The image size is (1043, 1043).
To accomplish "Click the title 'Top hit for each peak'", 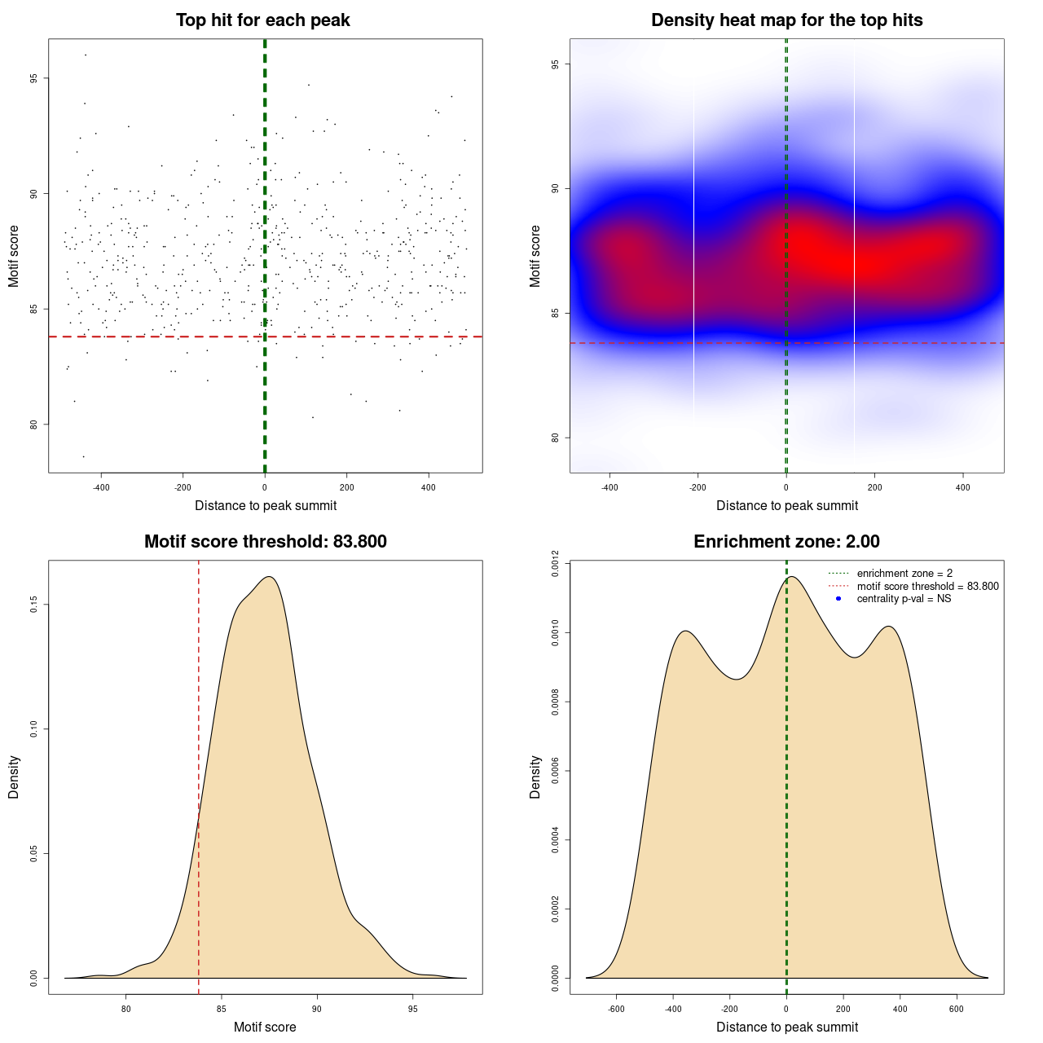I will click(x=262, y=20).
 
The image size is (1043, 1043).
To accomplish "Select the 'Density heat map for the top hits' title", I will click(x=786, y=20).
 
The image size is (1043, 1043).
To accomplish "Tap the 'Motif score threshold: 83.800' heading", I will click(x=265, y=542).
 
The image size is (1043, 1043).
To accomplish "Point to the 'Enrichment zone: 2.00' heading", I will click(x=786, y=542).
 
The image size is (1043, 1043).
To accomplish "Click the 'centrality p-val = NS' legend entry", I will click(x=904, y=599).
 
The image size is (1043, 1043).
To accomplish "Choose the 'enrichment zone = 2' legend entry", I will click(x=904, y=574).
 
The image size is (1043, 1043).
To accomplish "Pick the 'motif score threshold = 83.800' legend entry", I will click(x=927, y=587).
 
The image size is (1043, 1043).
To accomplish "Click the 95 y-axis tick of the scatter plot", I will click(x=33, y=78).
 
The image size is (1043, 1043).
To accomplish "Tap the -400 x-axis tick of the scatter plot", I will click(x=101, y=487).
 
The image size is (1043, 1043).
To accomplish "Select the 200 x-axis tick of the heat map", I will click(x=874, y=487).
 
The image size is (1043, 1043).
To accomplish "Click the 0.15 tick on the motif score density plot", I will click(x=33, y=605).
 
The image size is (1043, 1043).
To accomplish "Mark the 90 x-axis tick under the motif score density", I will click(x=317, y=1009).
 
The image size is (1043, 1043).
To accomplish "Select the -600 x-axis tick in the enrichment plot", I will click(x=616, y=1009).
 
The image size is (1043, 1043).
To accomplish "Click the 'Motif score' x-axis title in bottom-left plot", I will click(x=265, y=1028).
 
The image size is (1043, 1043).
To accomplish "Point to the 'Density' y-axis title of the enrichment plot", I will click(x=535, y=777).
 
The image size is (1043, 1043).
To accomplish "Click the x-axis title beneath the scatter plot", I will click(x=266, y=506).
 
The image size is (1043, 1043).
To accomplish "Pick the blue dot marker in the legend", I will click(x=838, y=599).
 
